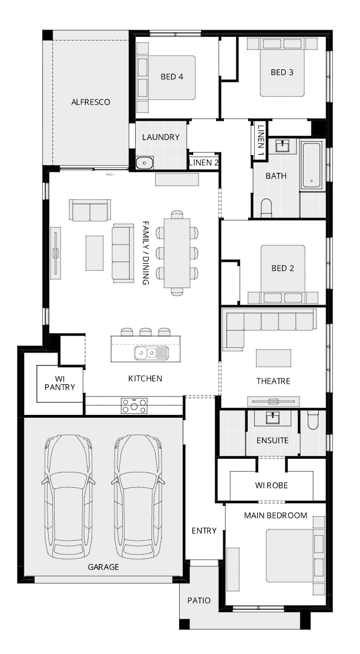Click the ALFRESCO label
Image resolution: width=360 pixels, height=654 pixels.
point(90,102)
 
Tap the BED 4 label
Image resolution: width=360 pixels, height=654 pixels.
point(171,77)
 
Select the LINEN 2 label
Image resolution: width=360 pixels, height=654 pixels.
point(203,163)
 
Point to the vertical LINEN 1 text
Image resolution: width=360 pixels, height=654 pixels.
point(261,140)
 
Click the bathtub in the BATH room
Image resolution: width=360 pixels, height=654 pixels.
point(312,165)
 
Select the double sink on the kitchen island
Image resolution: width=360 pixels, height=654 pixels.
point(151,353)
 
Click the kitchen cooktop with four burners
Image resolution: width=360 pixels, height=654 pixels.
point(134,405)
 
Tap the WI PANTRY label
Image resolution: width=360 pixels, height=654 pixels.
point(59,383)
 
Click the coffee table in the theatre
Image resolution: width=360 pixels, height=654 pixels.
point(273,358)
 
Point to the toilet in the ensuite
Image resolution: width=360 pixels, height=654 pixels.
point(312,421)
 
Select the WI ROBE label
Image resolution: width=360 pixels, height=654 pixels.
point(271,485)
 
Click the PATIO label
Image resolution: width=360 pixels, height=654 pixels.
point(198,601)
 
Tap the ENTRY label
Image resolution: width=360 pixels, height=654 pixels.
point(204,531)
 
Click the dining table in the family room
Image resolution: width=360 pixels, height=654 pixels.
point(177,253)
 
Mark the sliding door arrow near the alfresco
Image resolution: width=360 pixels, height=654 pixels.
point(110,175)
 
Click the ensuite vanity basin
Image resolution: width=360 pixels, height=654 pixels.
point(273,418)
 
